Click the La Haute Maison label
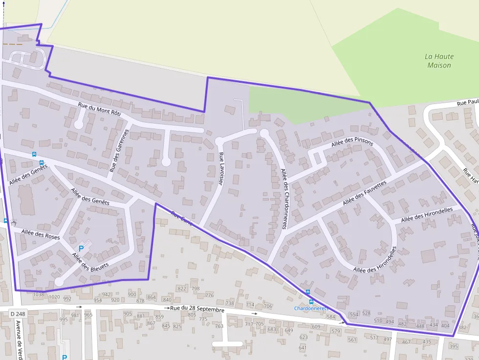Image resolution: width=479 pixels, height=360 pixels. (x=439, y=61)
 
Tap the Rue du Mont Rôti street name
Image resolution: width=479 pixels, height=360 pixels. (x=99, y=108)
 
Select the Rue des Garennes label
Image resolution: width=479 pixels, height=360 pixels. (x=119, y=150)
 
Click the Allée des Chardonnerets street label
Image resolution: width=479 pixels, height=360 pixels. (x=283, y=199)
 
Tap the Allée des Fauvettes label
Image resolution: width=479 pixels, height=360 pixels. (x=365, y=193)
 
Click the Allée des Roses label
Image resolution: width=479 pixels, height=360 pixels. (x=41, y=234)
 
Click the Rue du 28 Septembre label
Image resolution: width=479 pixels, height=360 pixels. (x=197, y=309)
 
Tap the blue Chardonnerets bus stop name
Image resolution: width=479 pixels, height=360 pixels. (x=311, y=308)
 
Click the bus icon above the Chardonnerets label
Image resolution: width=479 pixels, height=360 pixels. (x=308, y=293)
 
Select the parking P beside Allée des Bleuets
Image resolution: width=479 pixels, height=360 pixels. (x=81, y=248)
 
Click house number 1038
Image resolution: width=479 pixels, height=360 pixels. (x=38, y=295)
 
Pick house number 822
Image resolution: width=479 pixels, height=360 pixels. (x=182, y=289)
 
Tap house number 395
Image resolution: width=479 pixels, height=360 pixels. (x=453, y=346)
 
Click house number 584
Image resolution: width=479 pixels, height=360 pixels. (x=331, y=317)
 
